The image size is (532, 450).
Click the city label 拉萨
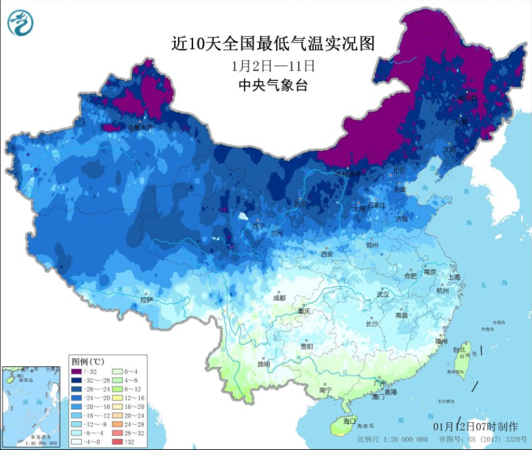click(146, 300)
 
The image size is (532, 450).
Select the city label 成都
click(279, 298)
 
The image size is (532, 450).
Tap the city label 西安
click(328, 254)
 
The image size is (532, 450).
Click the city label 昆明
click(264, 364)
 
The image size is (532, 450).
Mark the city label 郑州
click(372, 245)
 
